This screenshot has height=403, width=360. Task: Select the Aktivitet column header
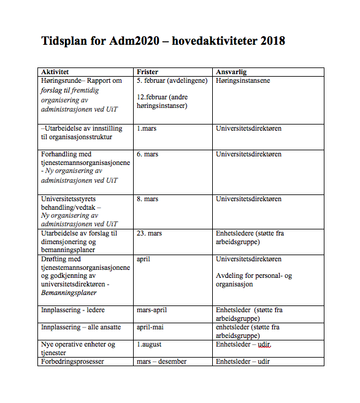55,72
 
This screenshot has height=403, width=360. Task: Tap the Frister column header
148,72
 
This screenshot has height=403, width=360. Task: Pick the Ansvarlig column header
232,72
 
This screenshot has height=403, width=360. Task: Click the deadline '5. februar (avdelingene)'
172,80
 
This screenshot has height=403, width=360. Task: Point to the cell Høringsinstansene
243,80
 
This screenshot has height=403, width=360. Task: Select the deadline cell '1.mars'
147,129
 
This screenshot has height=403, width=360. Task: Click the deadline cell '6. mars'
147,154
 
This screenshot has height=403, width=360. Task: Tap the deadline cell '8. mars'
147,199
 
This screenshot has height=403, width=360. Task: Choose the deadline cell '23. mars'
149,233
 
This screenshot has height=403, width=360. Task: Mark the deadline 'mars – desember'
161,361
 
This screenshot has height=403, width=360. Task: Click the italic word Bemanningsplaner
67,293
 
